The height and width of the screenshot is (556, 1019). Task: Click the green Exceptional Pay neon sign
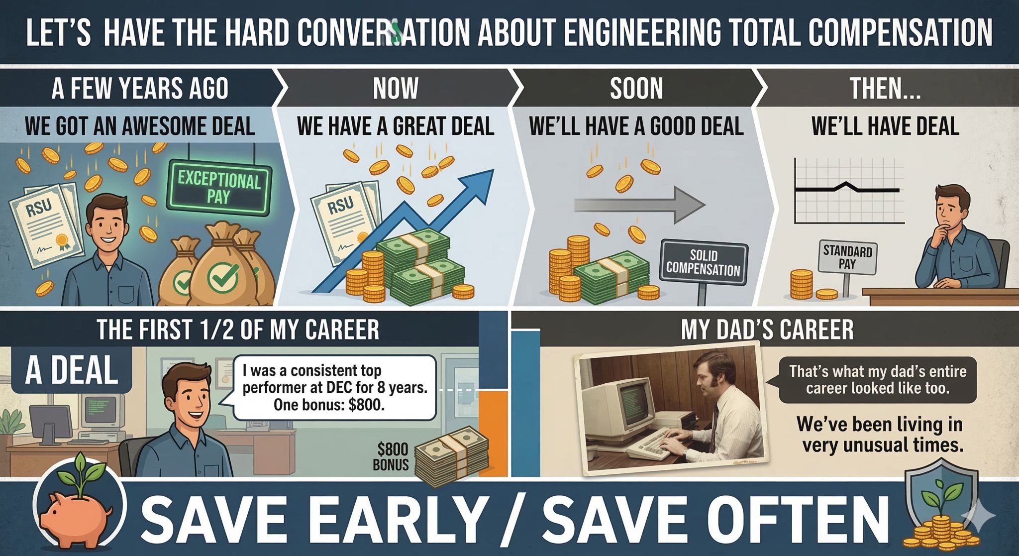pos(219,187)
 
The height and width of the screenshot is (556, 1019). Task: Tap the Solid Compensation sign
pos(704,263)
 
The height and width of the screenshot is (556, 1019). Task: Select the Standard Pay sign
pos(847,257)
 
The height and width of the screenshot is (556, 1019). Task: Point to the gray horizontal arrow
pos(640,205)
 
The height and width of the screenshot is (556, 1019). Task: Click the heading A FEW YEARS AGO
pos(140,88)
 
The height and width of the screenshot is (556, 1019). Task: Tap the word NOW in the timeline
pos(396,88)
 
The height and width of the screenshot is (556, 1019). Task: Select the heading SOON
pos(636,88)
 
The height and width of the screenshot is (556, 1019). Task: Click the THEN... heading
pos(885,88)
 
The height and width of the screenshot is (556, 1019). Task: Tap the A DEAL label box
pos(71,370)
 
